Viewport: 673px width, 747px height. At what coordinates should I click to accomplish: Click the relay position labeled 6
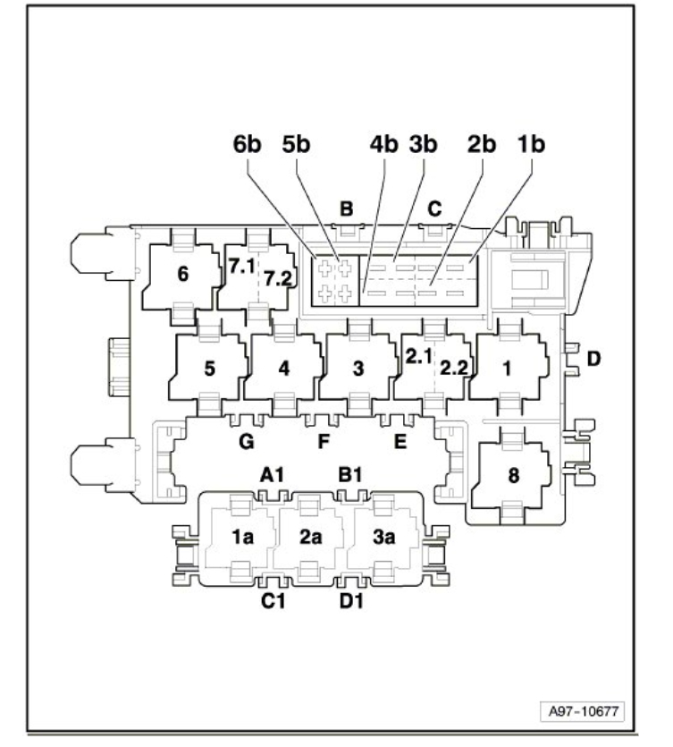pyautogui.click(x=183, y=276)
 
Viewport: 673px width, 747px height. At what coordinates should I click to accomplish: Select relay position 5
pyautogui.click(x=209, y=368)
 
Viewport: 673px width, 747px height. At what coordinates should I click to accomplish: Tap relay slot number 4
pyautogui.click(x=283, y=368)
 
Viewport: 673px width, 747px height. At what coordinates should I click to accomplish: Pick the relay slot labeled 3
pyautogui.click(x=358, y=368)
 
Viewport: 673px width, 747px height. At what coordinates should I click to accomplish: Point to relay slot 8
pyautogui.click(x=512, y=476)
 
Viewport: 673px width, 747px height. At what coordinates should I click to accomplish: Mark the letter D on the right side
pyautogui.click(x=593, y=360)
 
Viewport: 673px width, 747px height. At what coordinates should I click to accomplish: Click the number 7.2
pyautogui.click(x=279, y=279)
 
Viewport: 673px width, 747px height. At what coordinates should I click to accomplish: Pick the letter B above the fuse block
pyautogui.click(x=346, y=209)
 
